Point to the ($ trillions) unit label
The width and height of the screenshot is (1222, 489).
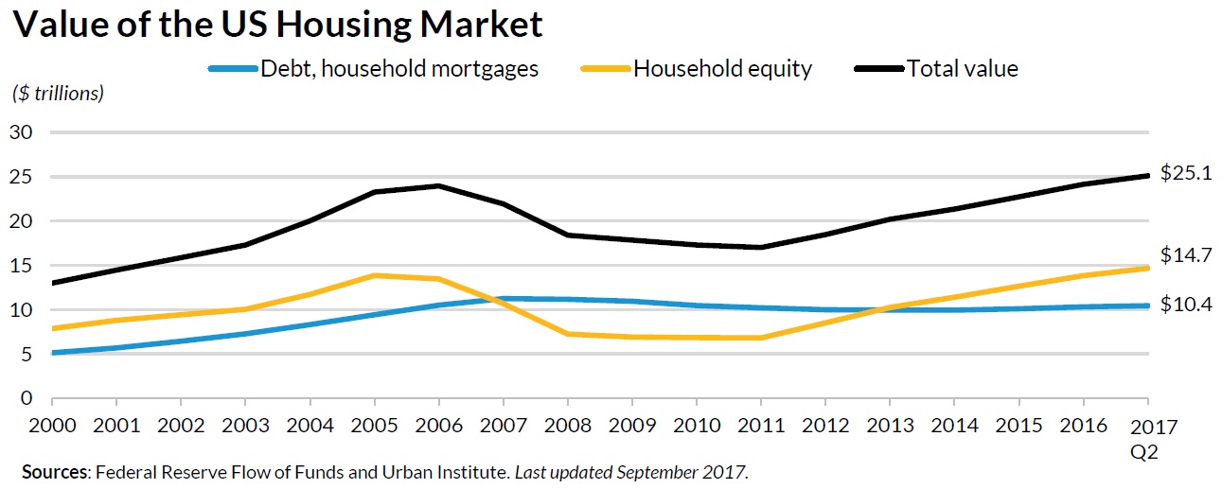coord(58,94)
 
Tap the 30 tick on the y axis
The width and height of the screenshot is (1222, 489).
coord(22,132)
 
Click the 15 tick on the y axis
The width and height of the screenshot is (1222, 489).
coord(22,266)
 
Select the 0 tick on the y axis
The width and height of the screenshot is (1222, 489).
coord(27,398)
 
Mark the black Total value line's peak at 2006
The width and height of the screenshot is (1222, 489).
coord(439,185)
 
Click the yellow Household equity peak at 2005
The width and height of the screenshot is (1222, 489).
coord(375,275)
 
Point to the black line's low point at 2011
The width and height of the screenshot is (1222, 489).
coord(761,248)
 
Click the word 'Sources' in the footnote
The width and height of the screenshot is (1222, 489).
coord(53,471)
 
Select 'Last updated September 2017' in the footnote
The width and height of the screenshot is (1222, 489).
coord(630,471)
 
